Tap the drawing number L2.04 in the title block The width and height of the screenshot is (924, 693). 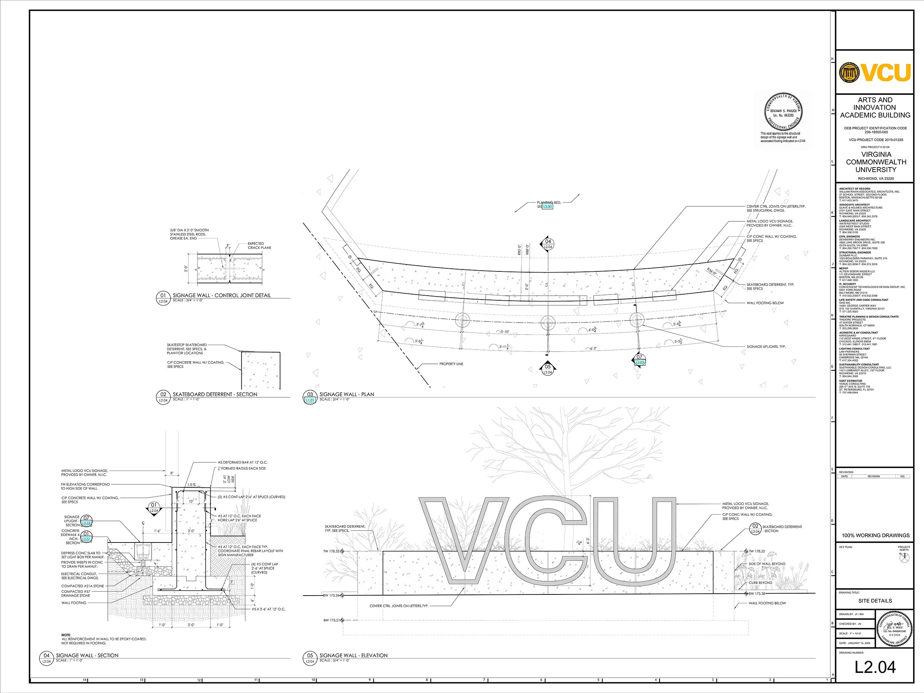click(x=875, y=667)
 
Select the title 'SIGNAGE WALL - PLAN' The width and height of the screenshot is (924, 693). click(x=347, y=394)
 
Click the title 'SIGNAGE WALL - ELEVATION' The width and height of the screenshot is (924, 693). click(x=353, y=655)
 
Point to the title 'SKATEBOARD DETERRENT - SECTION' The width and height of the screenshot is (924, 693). click(x=215, y=394)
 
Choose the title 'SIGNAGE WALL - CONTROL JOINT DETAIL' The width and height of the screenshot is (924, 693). click(x=221, y=295)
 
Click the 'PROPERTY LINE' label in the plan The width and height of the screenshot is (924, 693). click(x=451, y=364)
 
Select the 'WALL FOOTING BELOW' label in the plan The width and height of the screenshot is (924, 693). click(x=765, y=303)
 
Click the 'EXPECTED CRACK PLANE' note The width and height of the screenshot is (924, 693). click(x=259, y=246)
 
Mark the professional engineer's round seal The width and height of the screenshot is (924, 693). click(x=783, y=111)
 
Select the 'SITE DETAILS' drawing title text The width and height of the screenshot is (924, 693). click(x=875, y=601)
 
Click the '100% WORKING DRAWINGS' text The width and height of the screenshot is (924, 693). click(x=875, y=535)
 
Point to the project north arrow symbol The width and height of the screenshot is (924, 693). click(x=904, y=557)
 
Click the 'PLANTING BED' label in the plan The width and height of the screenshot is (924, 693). click(x=549, y=203)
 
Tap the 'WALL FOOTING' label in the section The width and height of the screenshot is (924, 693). click(x=74, y=603)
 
